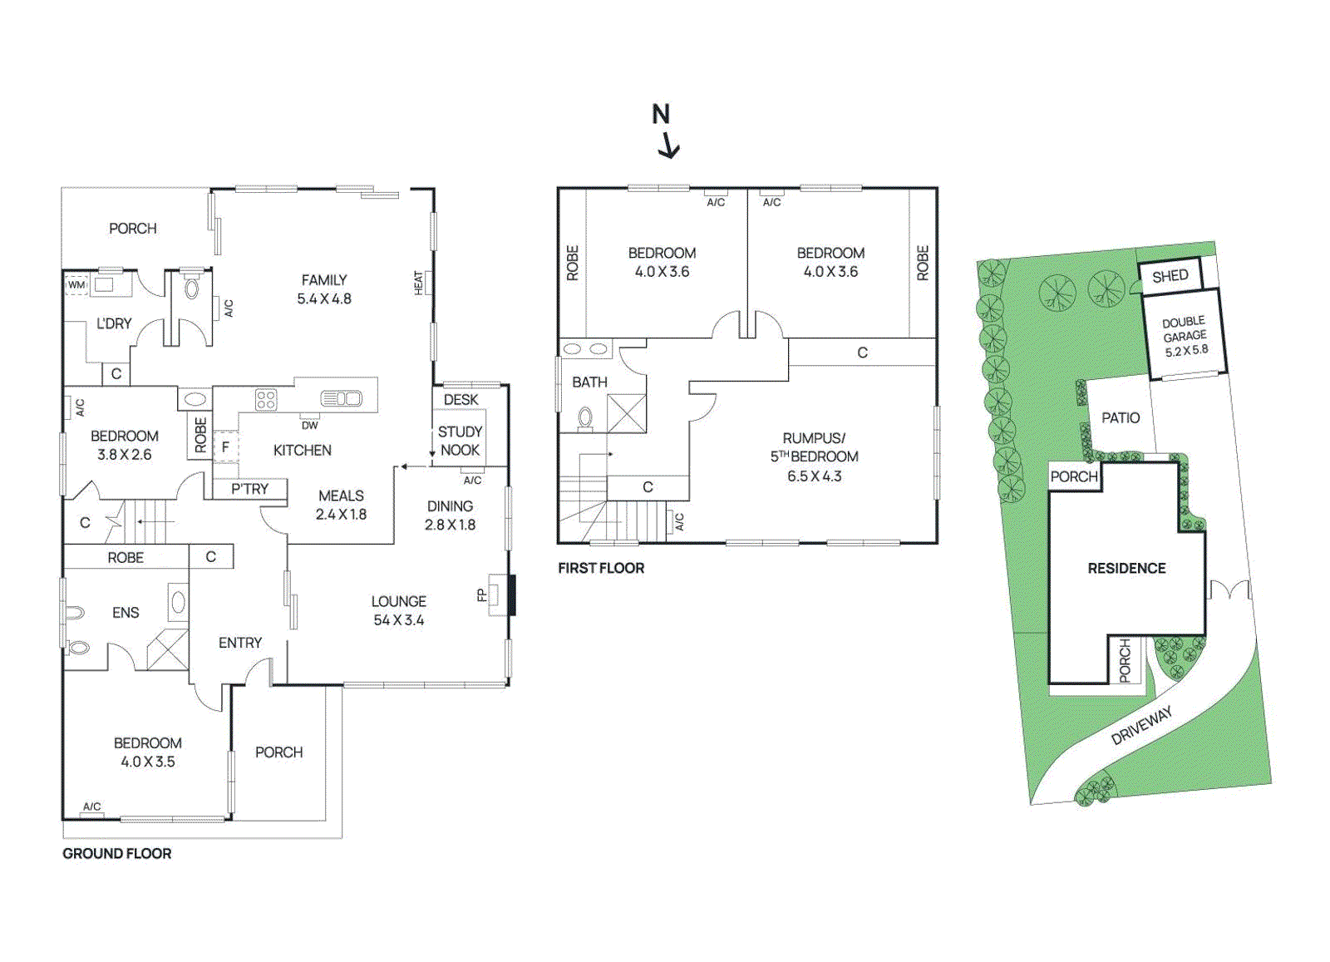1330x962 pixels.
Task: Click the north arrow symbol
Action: (665, 131)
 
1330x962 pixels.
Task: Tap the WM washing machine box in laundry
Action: (76, 284)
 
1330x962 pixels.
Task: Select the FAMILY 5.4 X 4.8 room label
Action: (324, 289)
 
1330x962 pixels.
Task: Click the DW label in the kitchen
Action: (309, 425)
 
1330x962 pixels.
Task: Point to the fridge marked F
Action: (224, 446)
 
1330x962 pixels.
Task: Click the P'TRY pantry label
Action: (249, 489)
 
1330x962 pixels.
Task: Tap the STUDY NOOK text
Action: (460, 441)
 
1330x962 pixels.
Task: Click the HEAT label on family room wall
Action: (419, 283)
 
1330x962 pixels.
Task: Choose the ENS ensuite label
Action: (126, 613)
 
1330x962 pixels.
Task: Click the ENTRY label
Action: (240, 643)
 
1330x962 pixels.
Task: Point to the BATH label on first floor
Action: (589, 382)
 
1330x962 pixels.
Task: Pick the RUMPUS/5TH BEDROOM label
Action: (814, 456)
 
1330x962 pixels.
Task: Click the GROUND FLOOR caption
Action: (117, 854)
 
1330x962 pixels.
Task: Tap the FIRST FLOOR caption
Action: (601, 568)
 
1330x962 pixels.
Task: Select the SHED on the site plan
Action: (1170, 276)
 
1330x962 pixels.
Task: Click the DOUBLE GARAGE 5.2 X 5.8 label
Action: (1185, 336)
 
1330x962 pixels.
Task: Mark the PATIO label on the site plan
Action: (1121, 417)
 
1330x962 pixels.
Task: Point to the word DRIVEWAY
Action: (1142, 725)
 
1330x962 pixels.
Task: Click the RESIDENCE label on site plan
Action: (1126, 568)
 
